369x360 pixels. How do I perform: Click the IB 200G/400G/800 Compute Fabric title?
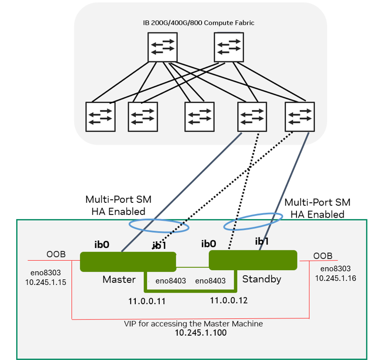click(x=198, y=23)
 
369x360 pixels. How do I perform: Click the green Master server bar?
click(x=128, y=261)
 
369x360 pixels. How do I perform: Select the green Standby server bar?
click(x=252, y=260)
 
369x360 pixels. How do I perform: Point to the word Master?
click(x=119, y=279)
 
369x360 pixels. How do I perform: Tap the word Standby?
click(x=262, y=279)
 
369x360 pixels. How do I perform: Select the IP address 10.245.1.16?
click(x=332, y=278)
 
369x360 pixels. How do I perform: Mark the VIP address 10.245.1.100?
click(x=201, y=333)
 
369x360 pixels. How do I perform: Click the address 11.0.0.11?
click(x=147, y=301)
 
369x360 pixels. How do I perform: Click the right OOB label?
click(x=323, y=256)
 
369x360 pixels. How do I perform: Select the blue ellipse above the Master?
click(x=160, y=224)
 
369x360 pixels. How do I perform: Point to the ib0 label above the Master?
click(x=102, y=244)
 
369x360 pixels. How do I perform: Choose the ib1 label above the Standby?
click(x=262, y=241)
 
